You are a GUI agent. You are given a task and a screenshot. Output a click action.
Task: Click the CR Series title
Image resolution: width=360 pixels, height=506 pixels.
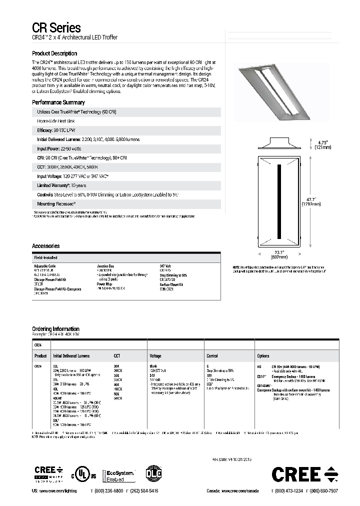pyautogui.click(x=56, y=28)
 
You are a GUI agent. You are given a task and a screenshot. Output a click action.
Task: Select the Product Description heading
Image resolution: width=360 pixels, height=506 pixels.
pyautogui.click(x=54, y=53)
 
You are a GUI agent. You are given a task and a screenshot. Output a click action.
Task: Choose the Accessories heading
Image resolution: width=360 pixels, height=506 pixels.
pyautogui.click(x=45, y=246)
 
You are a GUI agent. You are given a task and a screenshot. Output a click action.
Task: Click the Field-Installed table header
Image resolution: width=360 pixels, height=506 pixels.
pyautogui.click(x=45, y=255)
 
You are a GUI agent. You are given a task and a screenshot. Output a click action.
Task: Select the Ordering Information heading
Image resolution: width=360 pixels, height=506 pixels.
pyautogui.click(x=55, y=328)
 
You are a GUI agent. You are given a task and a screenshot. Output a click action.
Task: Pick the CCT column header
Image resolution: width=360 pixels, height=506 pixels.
pyautogui.click(x=117, y=356)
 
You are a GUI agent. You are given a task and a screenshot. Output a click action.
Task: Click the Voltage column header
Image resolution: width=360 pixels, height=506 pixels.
pyautogui.click(x=155, y=356)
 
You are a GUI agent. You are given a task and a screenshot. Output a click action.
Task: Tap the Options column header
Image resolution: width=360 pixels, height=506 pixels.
pyautogui.click(x=263, y=356)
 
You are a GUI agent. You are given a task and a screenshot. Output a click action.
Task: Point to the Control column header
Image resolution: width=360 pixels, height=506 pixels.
pyautogui.click(x=212, y=356)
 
